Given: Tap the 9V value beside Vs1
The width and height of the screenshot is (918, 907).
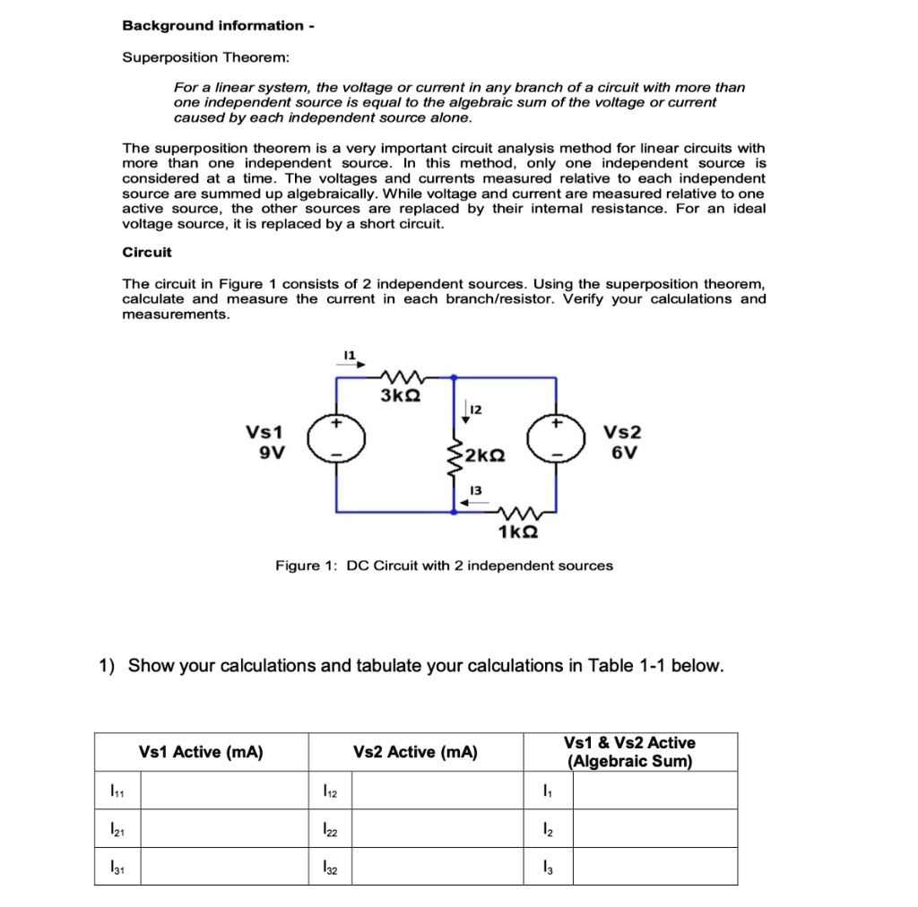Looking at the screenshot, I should pyautogui.click(x=272, y=452).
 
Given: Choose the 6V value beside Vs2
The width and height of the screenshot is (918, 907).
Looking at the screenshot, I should pyautogui.click(x=625, y=452).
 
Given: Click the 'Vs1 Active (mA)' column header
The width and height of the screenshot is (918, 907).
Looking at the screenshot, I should pyautogui.click(x=201, y=752).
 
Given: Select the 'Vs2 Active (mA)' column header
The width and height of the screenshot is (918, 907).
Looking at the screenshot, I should pyautogui.click(x=416, y=752).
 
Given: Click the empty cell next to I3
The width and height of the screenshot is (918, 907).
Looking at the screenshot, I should pyautogui.click(x=654, y=867).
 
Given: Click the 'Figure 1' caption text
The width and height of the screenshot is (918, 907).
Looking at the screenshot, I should pyautogui.click(x=444, y=566).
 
